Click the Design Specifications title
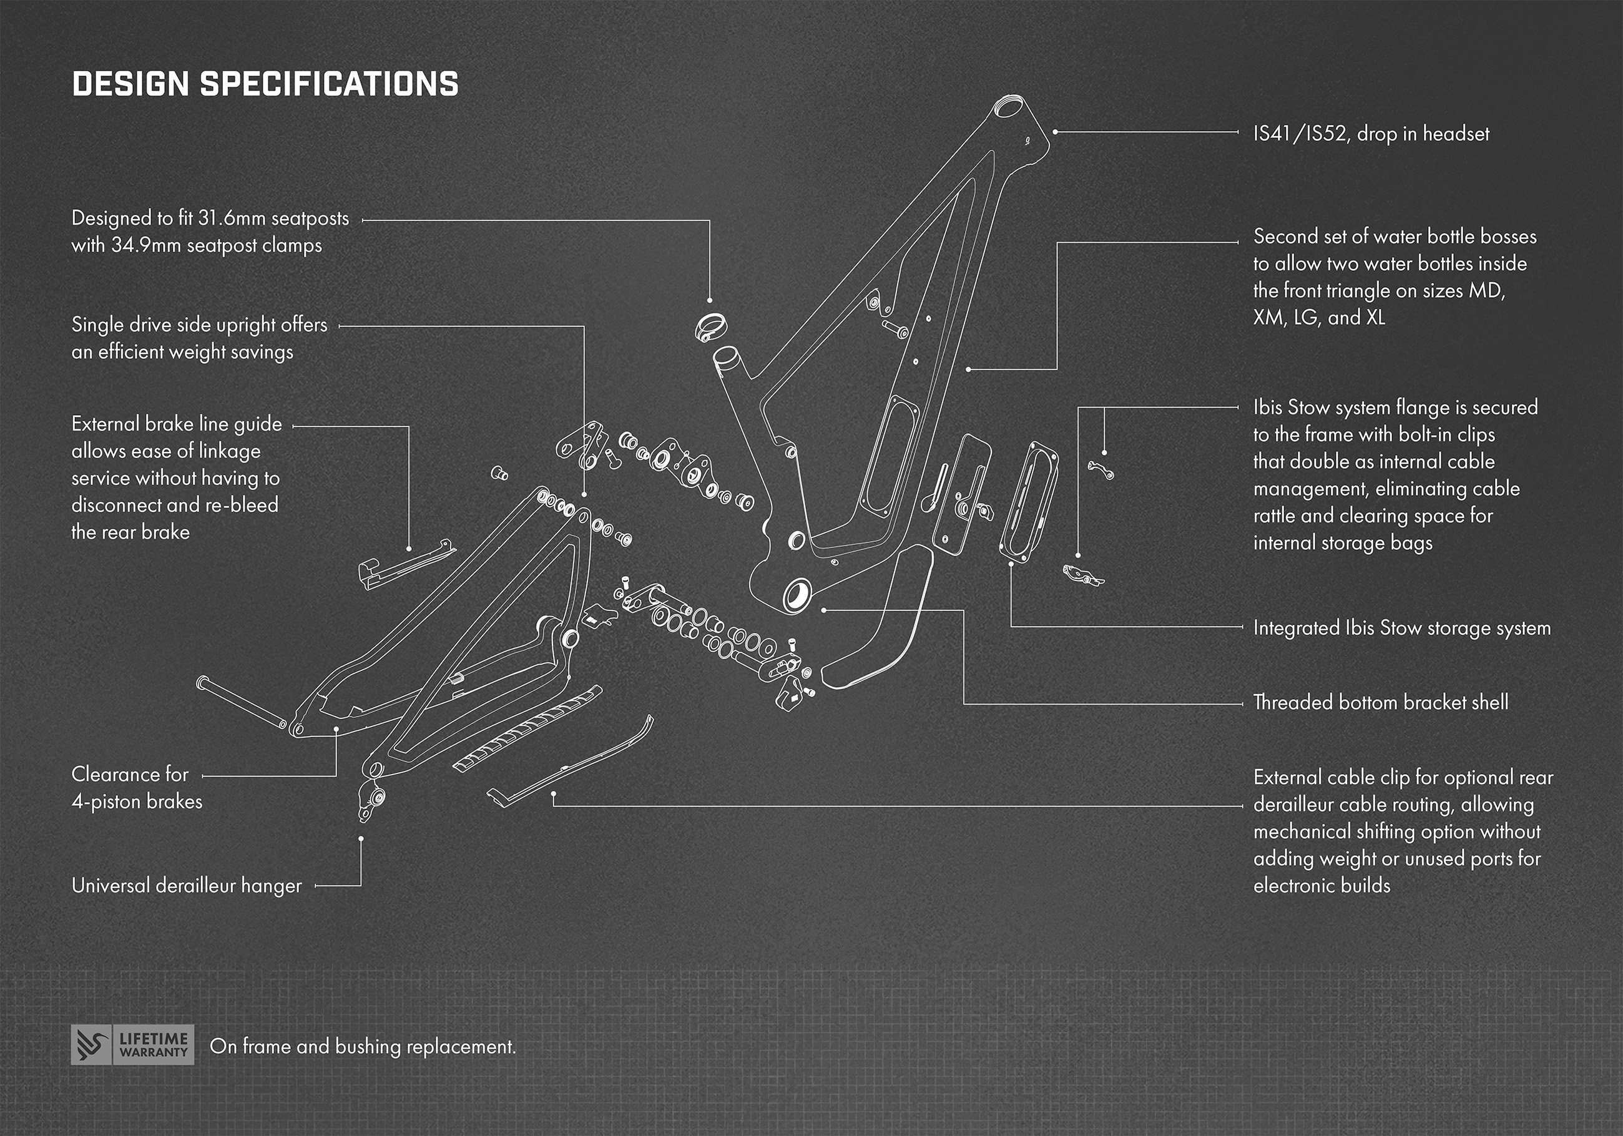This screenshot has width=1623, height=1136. tap(265, 84)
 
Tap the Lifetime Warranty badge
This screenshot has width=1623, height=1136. tap(132, 1045)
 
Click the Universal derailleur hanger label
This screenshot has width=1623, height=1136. tap(187, 886)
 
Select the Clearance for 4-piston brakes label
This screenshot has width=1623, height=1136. tap(137, 788)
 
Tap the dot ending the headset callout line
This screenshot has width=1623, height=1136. tap(1055, 132)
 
